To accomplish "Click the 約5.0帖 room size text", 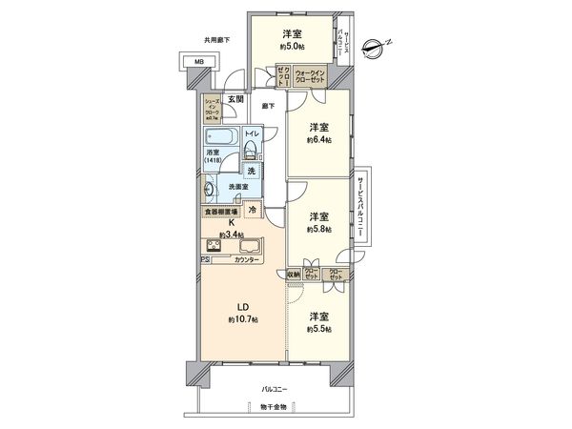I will click(294, 45).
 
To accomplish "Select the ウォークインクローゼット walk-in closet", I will click(312, 76).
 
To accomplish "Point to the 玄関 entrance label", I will click(235, 98).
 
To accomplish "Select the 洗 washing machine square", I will click(251, 170).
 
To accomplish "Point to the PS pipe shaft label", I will click(204, 259).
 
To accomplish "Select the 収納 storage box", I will click(296, 274).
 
